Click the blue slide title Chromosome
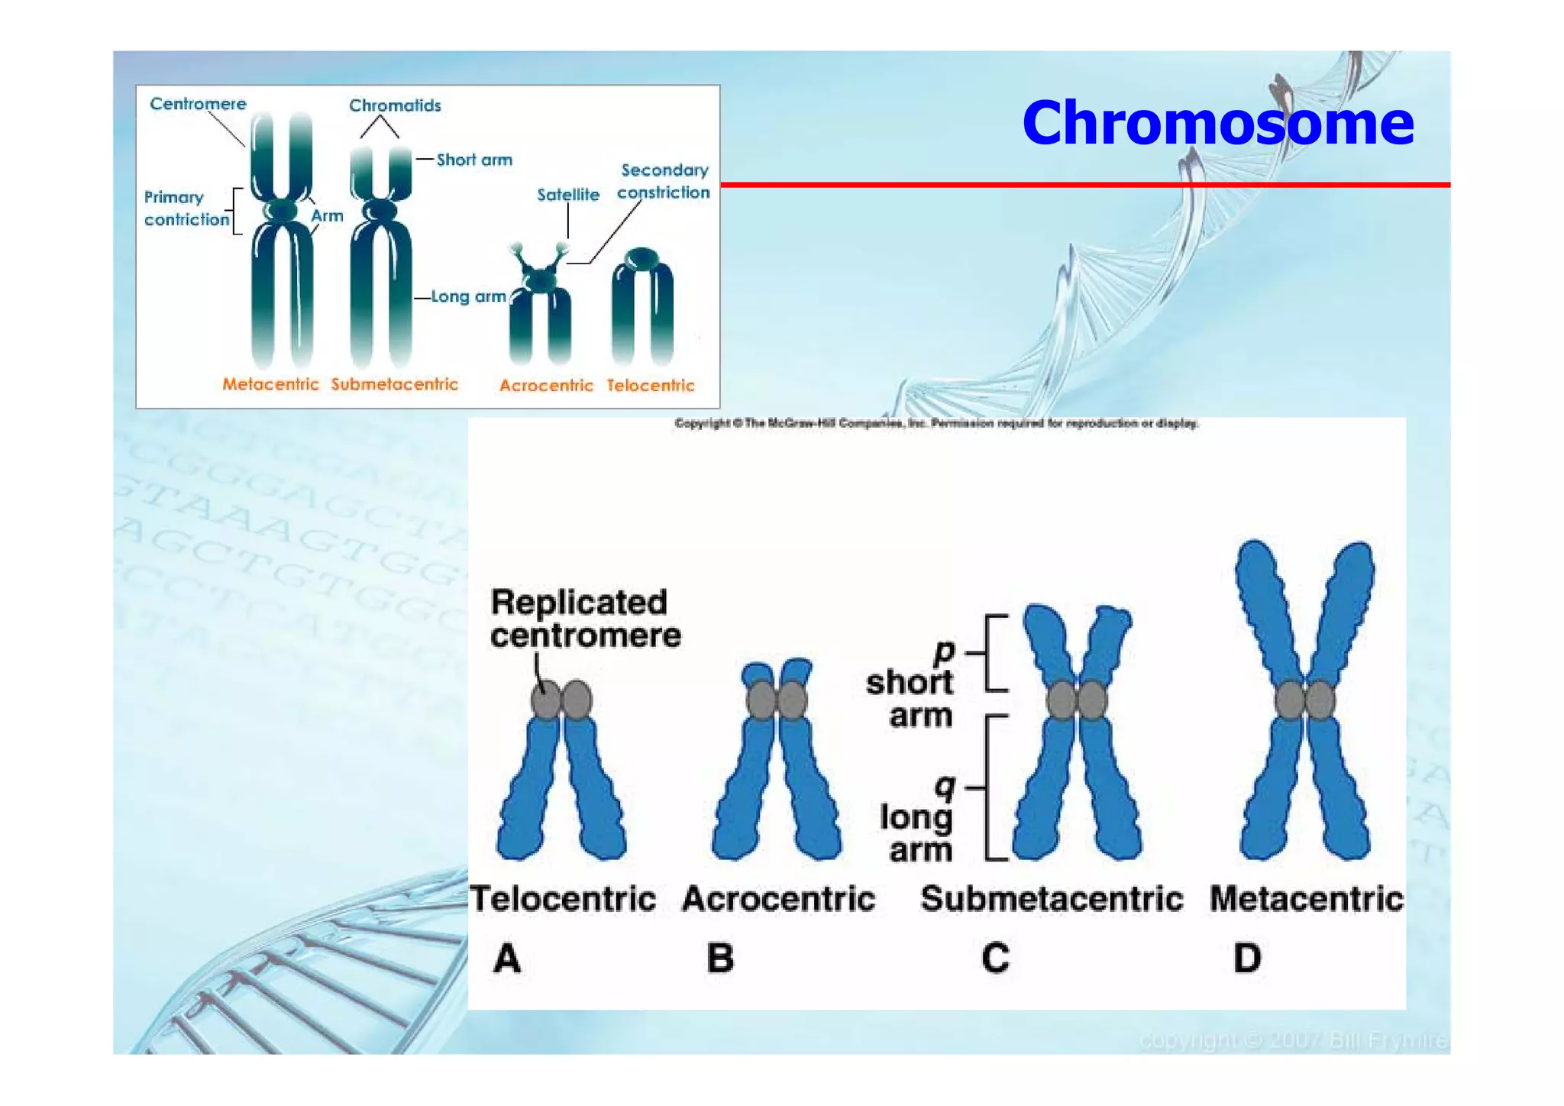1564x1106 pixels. tap(1217, 123)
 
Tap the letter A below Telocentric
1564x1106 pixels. tap(507, 958)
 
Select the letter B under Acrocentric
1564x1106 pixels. tap(720, 958)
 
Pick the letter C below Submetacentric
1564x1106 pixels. tap(995, 958)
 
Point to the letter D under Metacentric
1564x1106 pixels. tap(1247, 958)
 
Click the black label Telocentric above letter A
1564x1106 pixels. tap(563, 899)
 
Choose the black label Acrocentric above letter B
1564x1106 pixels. tap(778, 899)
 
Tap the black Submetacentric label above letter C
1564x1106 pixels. tap(1052, 899)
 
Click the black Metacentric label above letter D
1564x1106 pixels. tap(1306, 899)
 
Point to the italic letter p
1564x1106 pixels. tap(945, 652)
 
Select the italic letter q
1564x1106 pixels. tap(945, 786)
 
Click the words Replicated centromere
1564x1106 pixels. tap(585, 619)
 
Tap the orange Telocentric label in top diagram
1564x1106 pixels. tap(651, 385)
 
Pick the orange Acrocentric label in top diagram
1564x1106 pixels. tap(546, 385)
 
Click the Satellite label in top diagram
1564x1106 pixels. tap(568, 195)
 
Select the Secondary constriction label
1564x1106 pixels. tap(664, 181)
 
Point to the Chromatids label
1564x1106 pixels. tap(395, 105)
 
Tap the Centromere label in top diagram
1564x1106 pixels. tap(198, 104)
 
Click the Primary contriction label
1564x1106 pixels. tap(186, 209)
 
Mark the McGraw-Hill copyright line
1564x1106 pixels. tap(936, 423)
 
